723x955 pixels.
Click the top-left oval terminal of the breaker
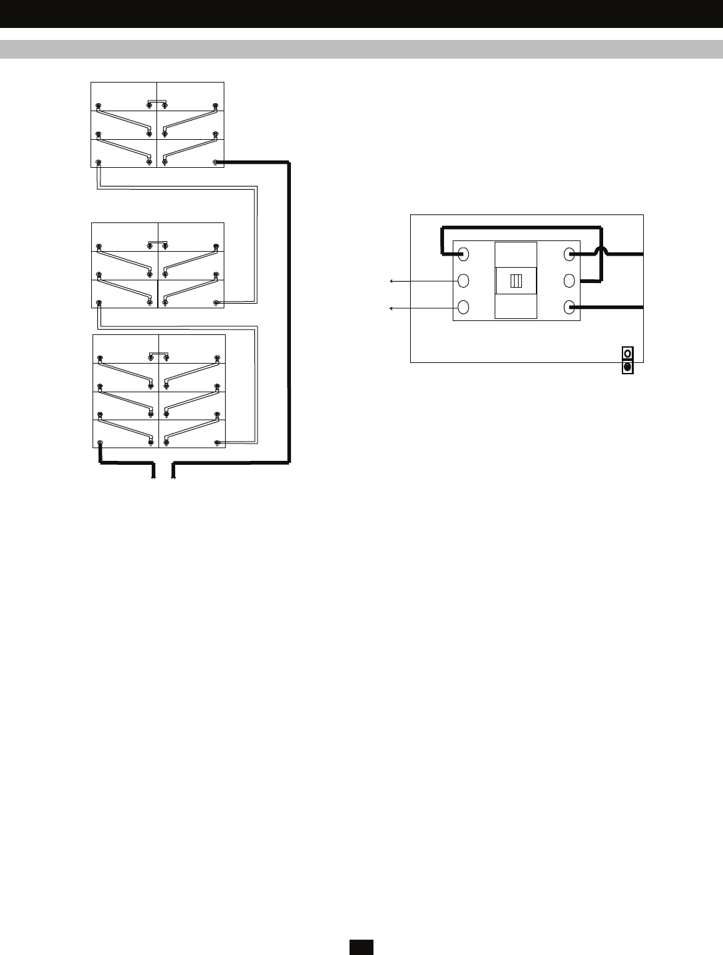464,254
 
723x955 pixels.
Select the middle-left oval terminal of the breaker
464,280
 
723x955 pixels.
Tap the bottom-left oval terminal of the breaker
464,307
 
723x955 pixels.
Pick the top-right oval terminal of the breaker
569,254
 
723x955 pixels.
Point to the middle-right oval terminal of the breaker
569,280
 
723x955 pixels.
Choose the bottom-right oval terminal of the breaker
569,307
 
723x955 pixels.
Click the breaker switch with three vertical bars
516,280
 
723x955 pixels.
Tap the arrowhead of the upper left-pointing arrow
391,282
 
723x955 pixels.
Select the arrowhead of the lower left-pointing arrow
391,308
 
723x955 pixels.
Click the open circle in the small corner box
627,353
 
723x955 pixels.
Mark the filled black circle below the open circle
627,367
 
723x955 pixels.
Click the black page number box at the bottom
361,946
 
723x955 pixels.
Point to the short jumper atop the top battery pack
157,101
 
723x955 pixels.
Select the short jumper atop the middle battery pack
158,242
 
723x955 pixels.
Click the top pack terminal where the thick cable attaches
215,162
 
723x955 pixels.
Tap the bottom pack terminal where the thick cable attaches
100,443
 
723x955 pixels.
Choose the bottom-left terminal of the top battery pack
99,162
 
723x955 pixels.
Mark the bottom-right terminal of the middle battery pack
216,303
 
